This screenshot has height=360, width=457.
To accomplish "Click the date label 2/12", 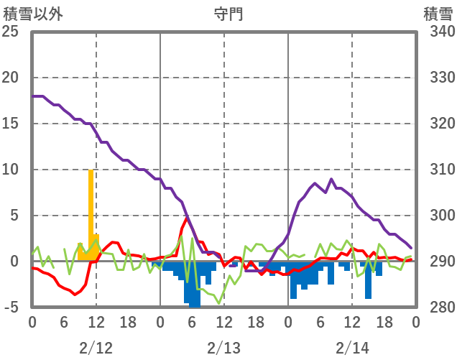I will pyautogui.click(x=96, y=348).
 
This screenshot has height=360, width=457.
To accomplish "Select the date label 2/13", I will pyautogui.click(x=224, y=348).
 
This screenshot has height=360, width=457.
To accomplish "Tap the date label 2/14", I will pyautogui.click(x=352, y=348).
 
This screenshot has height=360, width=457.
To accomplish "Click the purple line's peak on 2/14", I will pyautogui.click(x=331, y=180).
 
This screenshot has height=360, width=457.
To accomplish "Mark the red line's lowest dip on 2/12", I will pyautogui.click(x=74, y=294).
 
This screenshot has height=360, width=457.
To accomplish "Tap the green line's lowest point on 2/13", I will pyautogui.click(x=219, y=303).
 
